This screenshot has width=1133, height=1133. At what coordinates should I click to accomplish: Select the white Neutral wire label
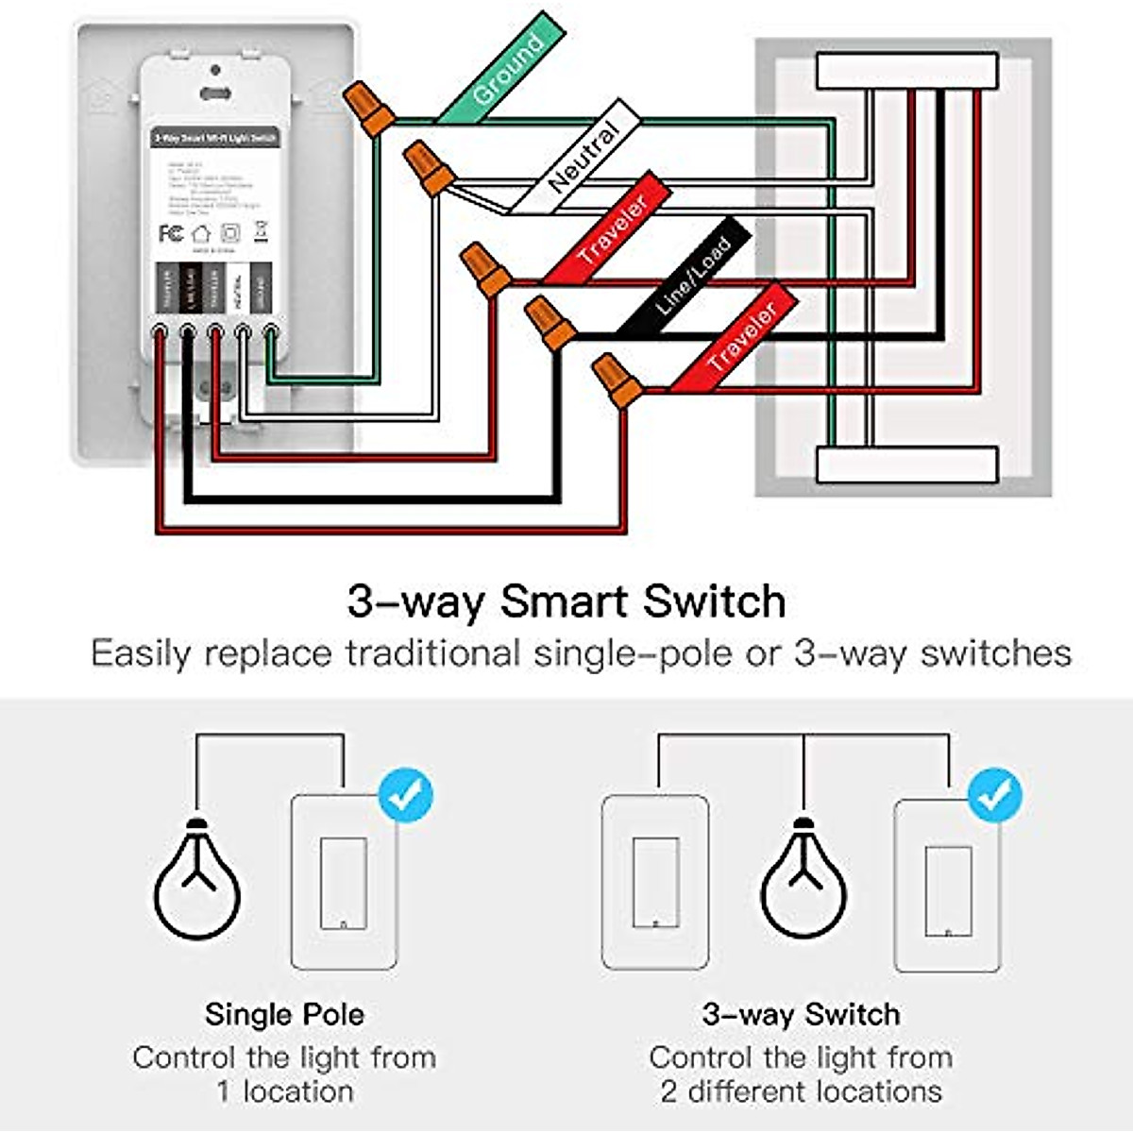coord(580,159)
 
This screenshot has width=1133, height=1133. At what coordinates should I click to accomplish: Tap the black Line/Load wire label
coord(691,275)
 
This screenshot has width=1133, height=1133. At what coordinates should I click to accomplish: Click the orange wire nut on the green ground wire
coord(369,107)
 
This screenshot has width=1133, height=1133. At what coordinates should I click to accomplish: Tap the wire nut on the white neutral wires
coord(429,166)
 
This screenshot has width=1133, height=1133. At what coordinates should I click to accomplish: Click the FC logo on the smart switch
coord(171,233)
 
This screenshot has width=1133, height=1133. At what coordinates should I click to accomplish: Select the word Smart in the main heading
coord(566,601)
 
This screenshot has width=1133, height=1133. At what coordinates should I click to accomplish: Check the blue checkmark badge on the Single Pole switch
coord(406,796)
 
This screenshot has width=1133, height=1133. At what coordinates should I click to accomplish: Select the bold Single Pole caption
coord(284,1015)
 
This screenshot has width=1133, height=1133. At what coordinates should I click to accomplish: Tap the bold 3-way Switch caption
coord(801,1015)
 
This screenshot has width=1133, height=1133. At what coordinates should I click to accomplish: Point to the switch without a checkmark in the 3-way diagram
coord(655,882)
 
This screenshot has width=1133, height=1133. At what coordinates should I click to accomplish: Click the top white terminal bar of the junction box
coord(906,71)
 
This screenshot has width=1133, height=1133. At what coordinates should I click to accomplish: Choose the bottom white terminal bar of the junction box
coord(906,465)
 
